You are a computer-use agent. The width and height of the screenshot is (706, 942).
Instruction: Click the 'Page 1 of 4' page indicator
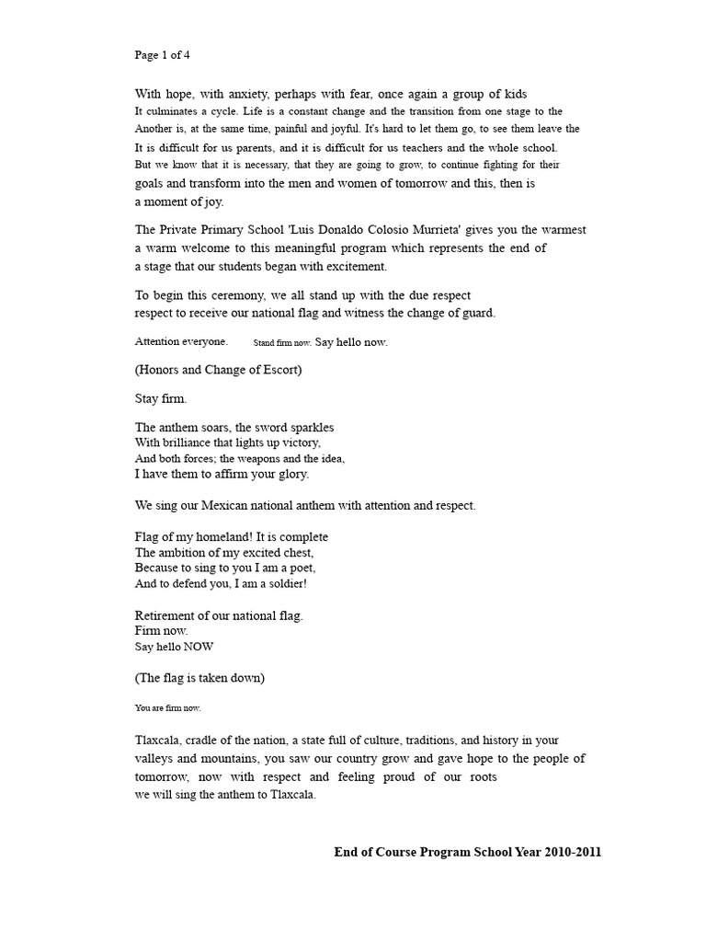[163, 54]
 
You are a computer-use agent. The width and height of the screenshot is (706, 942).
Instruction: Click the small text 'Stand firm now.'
[282, 342]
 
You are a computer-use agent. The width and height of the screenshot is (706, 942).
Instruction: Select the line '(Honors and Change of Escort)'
[218, 371]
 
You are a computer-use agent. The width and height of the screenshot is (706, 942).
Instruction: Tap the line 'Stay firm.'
[161, 399]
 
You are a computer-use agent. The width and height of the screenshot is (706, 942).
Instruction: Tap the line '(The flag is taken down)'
[199, 678]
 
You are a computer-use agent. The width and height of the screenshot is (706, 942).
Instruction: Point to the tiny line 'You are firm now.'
[167, 708]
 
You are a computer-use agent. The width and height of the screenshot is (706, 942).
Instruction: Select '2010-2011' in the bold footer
[572, 852]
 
